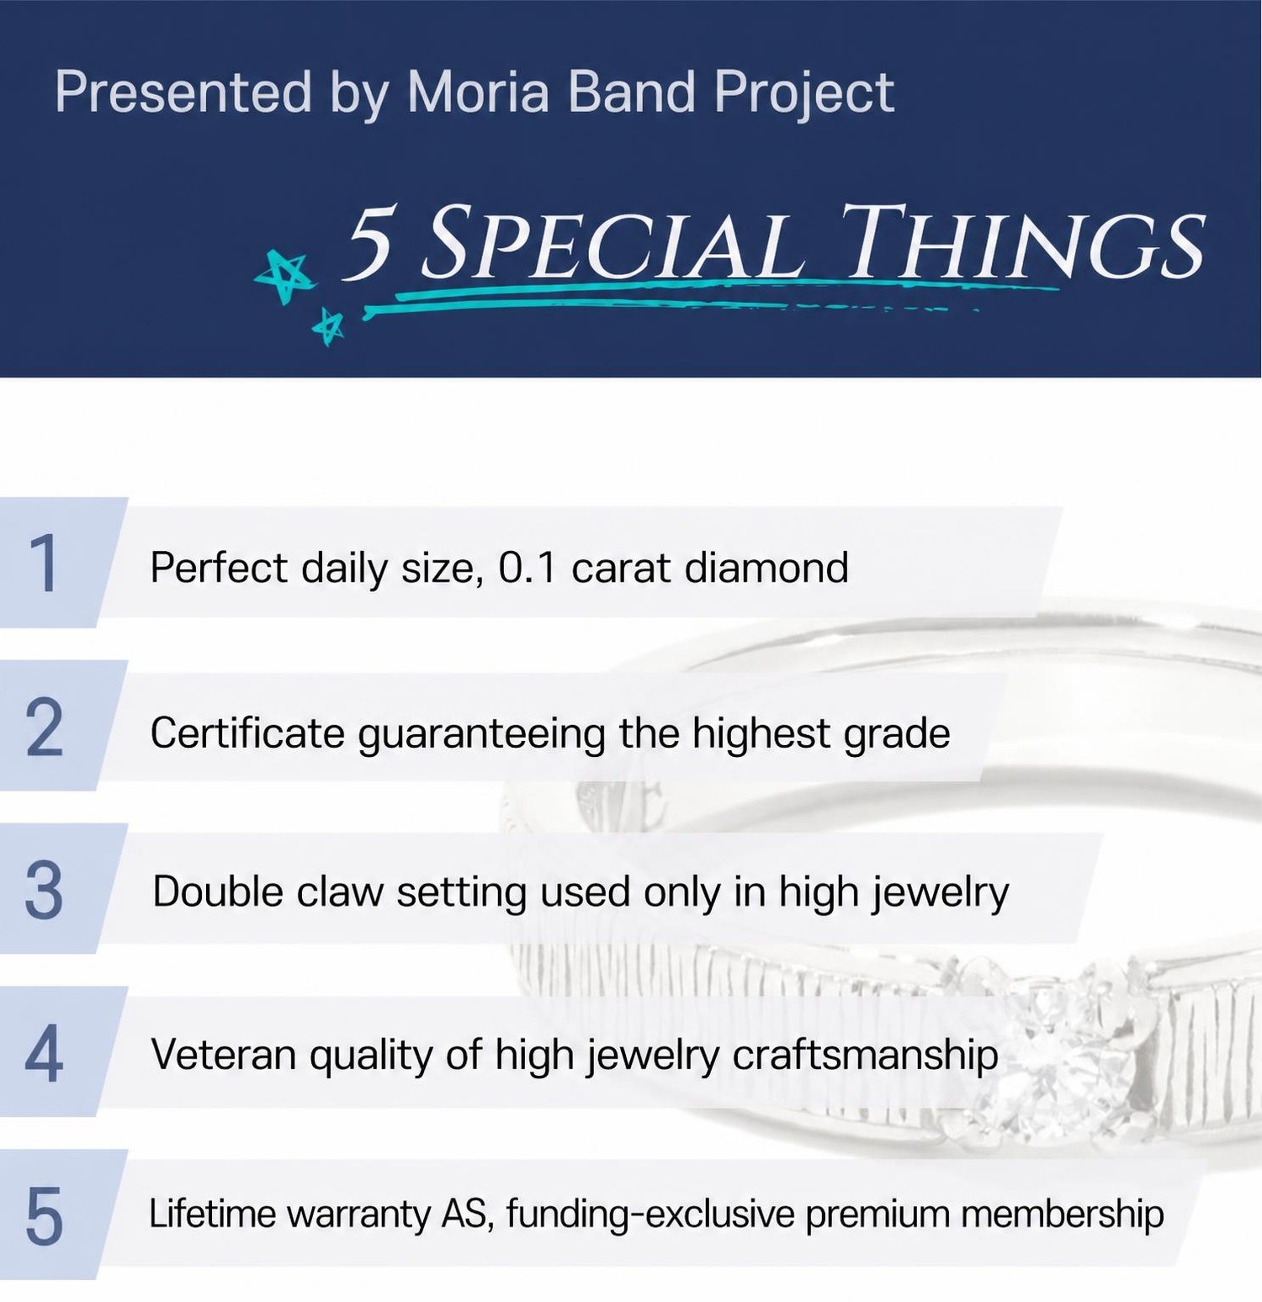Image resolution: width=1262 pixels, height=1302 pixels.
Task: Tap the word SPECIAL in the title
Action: (612, 244)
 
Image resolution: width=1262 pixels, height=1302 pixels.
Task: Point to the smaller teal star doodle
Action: (328, 326)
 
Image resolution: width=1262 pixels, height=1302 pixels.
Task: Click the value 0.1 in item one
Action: (528, 568)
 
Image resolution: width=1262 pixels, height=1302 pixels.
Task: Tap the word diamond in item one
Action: (766, 567)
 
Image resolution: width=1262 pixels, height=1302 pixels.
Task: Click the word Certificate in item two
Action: (247, 733)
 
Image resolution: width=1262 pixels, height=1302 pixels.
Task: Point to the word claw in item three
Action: (340, 892)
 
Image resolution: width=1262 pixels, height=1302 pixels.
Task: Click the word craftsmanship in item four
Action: (865, 1055)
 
